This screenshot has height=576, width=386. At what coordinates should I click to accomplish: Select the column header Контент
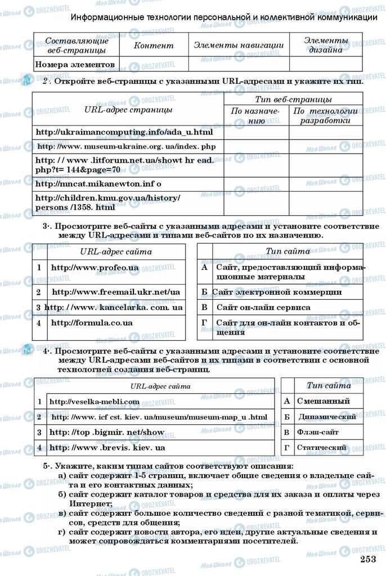154,46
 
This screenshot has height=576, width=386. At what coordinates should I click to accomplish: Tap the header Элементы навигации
239,46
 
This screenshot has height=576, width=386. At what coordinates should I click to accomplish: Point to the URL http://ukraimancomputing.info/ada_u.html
124,132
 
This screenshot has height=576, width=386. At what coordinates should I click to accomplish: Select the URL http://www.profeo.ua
95,268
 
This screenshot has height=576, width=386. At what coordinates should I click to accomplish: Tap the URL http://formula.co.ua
92,323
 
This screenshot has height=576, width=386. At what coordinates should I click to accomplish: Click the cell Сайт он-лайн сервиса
263,308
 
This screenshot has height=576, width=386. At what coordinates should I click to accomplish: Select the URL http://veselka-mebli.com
94,402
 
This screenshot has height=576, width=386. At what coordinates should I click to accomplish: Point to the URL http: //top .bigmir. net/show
107,433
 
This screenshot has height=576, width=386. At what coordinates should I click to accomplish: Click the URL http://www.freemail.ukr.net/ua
116,292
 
